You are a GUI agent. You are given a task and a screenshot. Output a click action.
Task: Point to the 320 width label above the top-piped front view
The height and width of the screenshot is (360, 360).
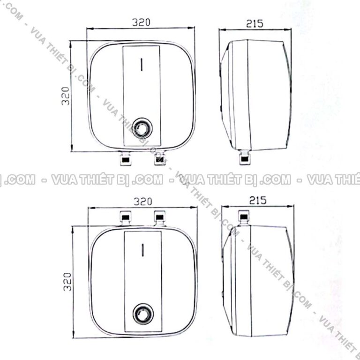point(143,202)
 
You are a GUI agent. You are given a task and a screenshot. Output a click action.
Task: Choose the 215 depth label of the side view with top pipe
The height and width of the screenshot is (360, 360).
point(257,201)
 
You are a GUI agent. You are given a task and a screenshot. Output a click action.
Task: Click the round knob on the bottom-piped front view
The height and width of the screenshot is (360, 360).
point(141,127)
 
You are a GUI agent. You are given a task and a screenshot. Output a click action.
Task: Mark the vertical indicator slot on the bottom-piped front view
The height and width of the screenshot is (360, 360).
point(141,64)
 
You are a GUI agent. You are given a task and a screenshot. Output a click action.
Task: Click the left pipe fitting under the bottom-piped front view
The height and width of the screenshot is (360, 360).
point(125,158)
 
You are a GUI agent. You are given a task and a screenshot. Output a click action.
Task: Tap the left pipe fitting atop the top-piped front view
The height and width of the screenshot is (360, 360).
point(125,217)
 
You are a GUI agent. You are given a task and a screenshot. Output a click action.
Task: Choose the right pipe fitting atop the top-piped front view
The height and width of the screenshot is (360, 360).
point(160,217)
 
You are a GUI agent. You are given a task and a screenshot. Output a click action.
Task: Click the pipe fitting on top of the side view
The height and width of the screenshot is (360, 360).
point(245,217)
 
